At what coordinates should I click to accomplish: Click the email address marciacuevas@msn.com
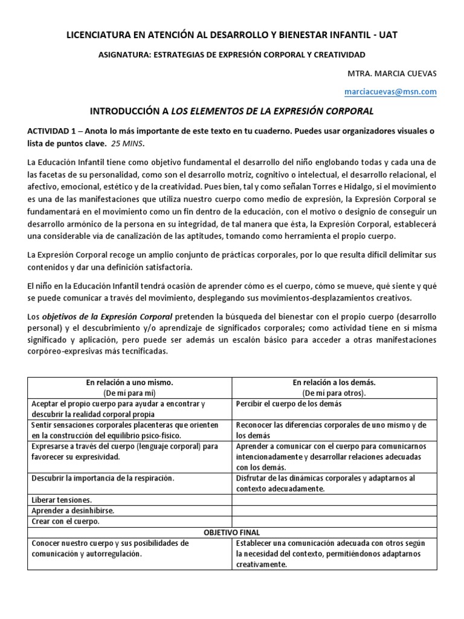click(x=398, y=91)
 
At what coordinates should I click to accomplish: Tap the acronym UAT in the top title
click(x=385, y=36)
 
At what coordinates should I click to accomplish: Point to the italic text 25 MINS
click(x=128, y=143)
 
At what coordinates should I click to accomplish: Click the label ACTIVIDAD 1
click(x=53, y=131)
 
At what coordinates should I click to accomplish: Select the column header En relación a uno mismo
click(x=129, y=383)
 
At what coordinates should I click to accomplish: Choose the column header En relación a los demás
click(x=334, y=383)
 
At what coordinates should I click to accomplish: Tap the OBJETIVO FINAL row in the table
click(x=231, y=533)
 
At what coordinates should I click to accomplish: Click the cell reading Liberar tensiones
click(x=62, y=500)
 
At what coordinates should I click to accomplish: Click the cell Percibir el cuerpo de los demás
click(x=289, y=403)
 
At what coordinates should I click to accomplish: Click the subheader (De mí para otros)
click(x=334, y=392)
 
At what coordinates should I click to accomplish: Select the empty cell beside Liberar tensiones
click(x=334, y=500)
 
